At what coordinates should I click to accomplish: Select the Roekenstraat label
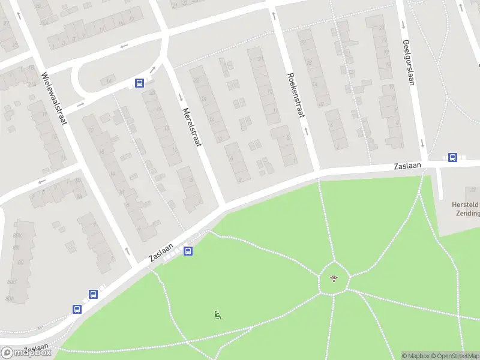[296, 97]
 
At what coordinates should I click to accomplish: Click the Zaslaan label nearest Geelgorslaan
[407, 166]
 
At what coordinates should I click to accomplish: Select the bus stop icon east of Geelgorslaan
[452, 158]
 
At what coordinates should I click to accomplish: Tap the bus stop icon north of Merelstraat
[139, 83]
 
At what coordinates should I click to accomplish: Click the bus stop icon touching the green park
[188, 251]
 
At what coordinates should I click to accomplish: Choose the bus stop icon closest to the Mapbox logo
[77, 309]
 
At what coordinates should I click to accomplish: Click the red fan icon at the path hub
[334, 278]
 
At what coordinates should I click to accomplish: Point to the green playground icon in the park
[217, 314]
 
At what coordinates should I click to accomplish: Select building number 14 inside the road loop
[109, 81]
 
